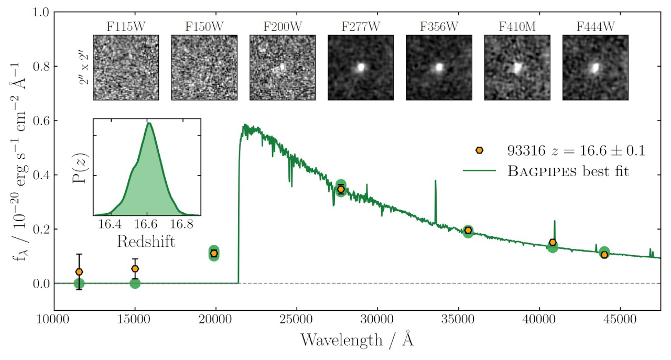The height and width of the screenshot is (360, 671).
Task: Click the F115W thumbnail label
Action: (126, 26)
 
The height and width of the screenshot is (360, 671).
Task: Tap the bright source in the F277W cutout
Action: (361, 67)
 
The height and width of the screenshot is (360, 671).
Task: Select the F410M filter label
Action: (517, 26)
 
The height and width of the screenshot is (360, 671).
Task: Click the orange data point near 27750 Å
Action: (341, 189)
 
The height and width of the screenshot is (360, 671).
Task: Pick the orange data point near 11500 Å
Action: (79, 272)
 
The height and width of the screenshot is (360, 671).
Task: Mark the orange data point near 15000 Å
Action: (135, 269)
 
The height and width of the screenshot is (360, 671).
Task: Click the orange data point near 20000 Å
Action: (214, 253)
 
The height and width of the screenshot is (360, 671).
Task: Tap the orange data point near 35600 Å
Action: (468, 230)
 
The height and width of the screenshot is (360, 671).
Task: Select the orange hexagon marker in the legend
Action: (479, 150)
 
